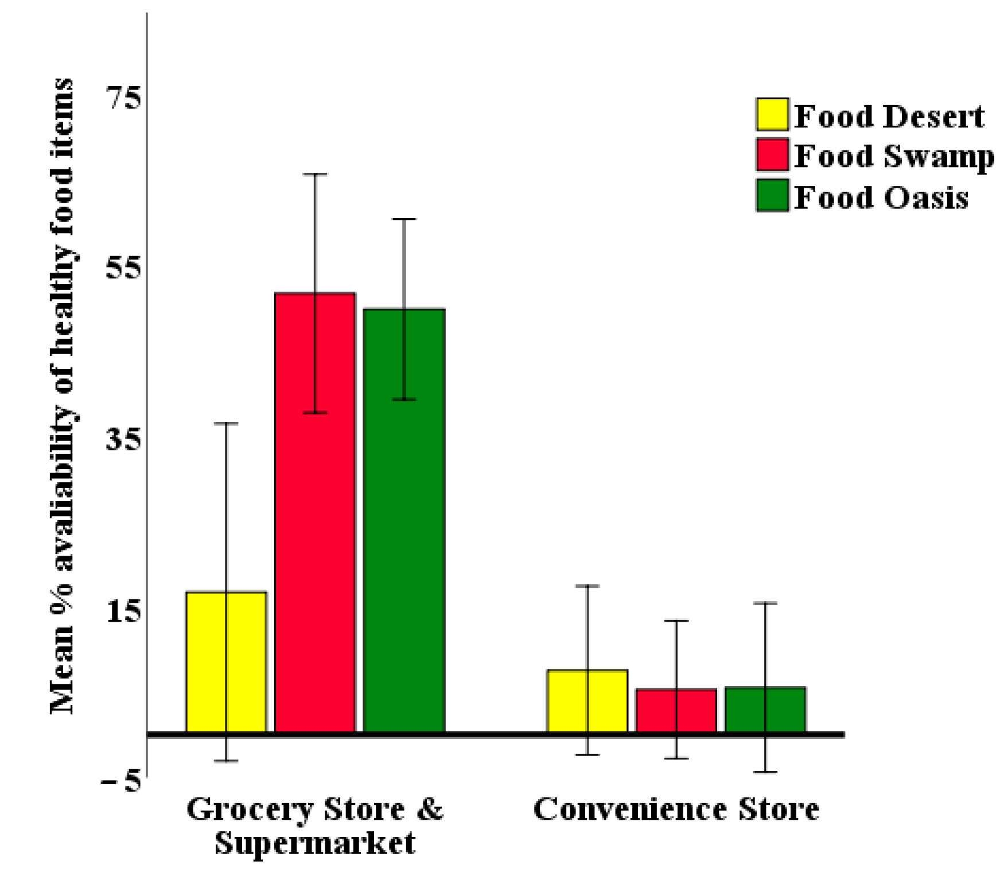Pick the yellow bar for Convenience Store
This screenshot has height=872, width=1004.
(587, 700)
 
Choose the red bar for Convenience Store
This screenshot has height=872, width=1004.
(676, 710)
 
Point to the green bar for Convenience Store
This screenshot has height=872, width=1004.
(765, 709)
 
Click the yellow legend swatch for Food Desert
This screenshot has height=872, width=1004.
(772, 114)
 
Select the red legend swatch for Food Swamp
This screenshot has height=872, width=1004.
(772, 154)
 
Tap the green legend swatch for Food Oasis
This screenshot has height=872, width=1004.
(772, 195)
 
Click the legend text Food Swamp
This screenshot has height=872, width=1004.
(894, 156)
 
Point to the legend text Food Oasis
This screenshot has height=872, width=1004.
(881, 197)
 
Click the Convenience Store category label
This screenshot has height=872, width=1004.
(676, 809)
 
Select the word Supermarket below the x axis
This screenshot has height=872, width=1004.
(314, 843)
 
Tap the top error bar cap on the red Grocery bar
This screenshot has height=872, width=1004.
(315, 174)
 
